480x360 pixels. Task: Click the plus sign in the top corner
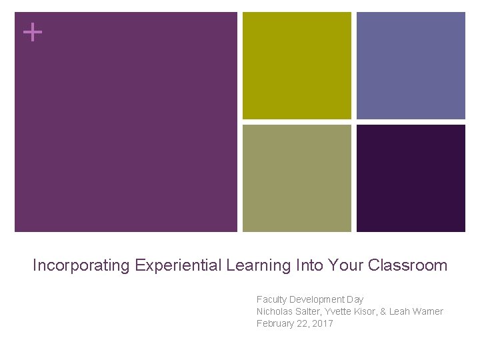pyautogui.click(x=31, y=31)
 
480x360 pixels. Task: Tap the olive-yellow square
pyautogui.click(x=297, y=65)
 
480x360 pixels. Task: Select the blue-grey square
pyautogui.click(x=411, y=65)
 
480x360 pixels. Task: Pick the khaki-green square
pyautogui.click(x=297, y=178)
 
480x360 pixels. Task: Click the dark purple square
pyautogui.click(x=411, y=178)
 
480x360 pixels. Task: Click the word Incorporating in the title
pyautogui.click(x=81, y=265)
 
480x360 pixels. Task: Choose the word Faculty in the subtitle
pyautogui.click(x=271, y=299)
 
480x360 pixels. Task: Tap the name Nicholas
pyautogui.click(x=275, y=311)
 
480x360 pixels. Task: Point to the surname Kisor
pyautogui.click(x=367, y=311)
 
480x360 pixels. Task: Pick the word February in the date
pyautogui.click(x=276, y=323)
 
